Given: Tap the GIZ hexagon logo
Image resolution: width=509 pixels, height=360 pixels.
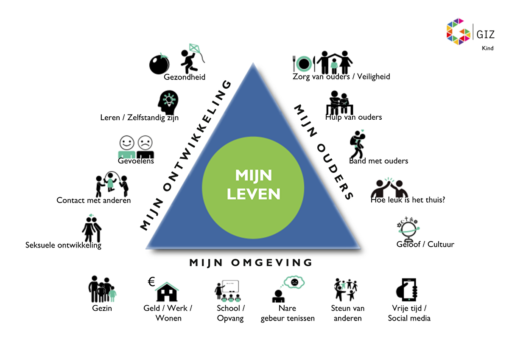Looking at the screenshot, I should coord(459,30).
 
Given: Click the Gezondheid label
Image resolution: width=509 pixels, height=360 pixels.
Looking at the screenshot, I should coord(185,77).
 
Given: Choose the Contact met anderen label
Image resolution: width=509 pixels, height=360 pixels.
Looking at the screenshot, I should coord(94,200).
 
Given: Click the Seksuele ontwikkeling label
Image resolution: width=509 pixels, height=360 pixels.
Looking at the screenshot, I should coord(63,245).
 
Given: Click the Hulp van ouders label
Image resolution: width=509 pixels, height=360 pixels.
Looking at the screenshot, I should coord(353,117).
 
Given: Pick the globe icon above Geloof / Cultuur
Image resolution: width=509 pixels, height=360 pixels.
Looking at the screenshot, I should coord(409,230).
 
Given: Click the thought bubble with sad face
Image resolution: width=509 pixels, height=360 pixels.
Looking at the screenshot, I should coord(294,281).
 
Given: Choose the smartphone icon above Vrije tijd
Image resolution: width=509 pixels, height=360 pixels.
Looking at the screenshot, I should coord(407,290).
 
